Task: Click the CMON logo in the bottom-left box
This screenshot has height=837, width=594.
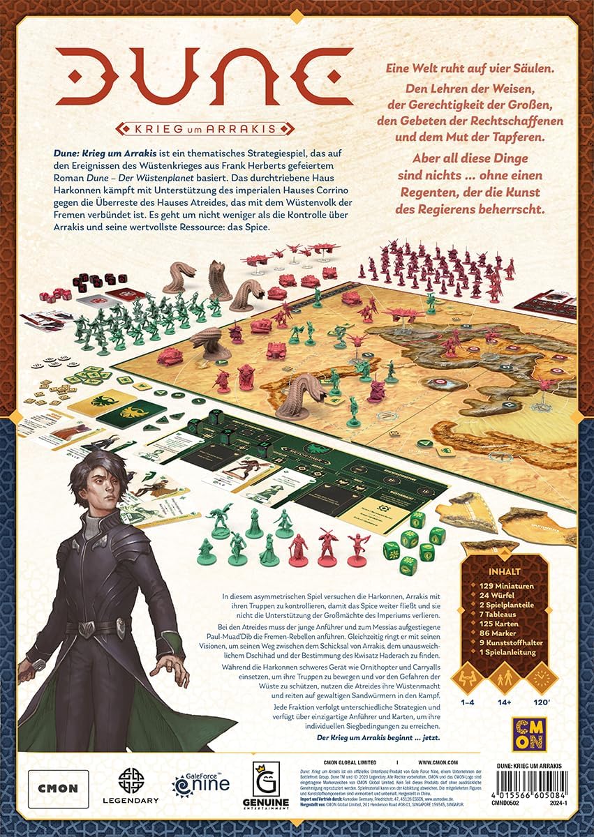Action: point(58,788)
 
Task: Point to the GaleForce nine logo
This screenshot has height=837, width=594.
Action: point(200,787)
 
